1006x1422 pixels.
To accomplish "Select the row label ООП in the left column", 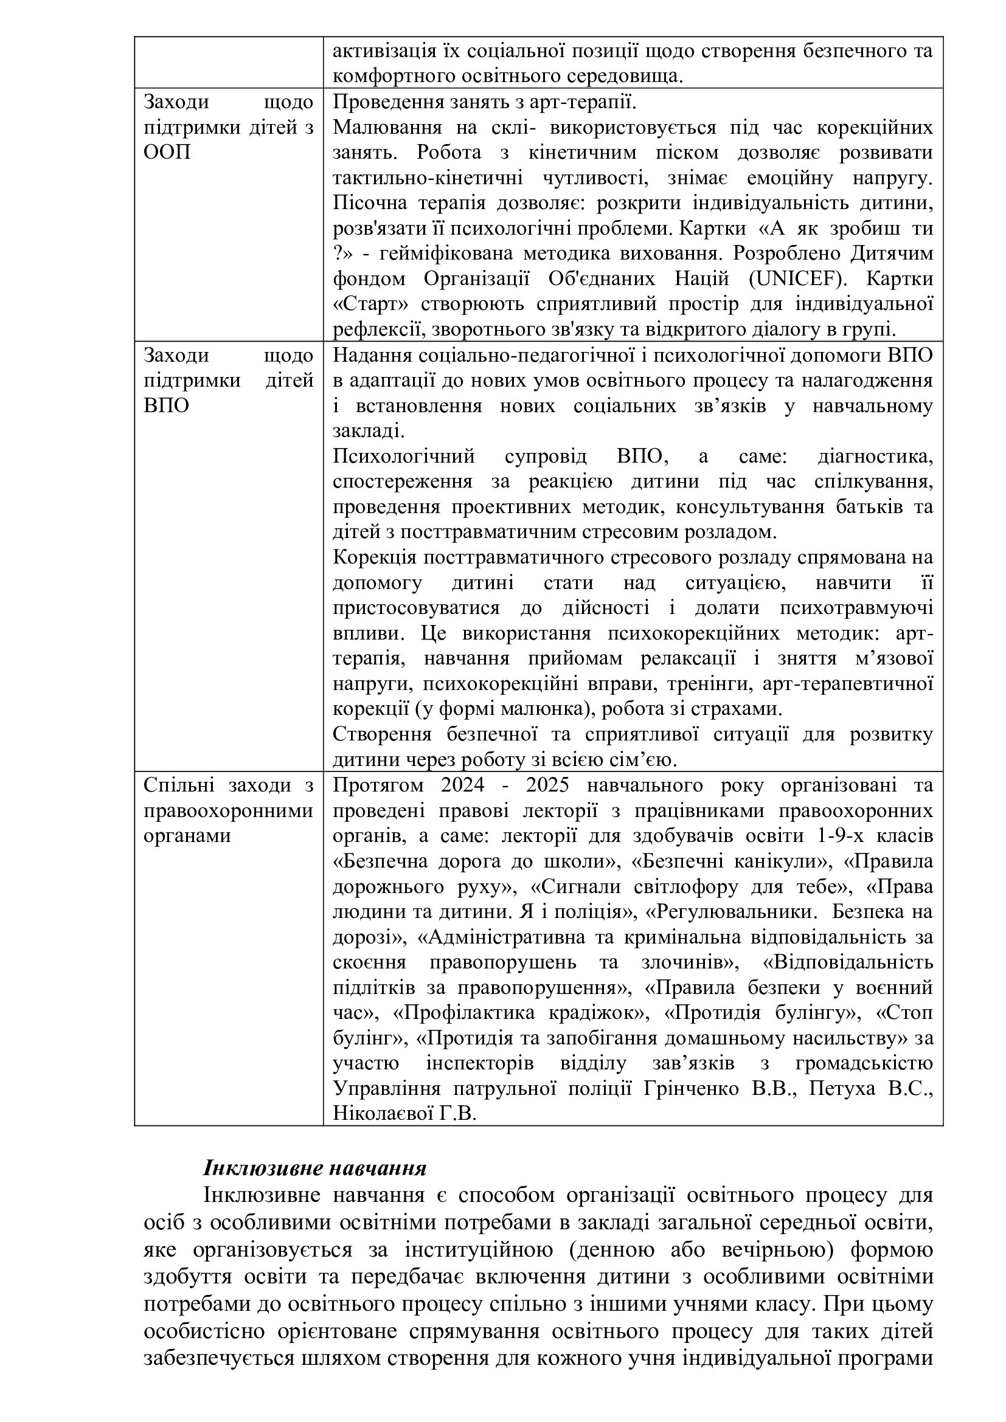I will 167,153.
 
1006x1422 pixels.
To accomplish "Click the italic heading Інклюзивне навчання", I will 315,1168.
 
